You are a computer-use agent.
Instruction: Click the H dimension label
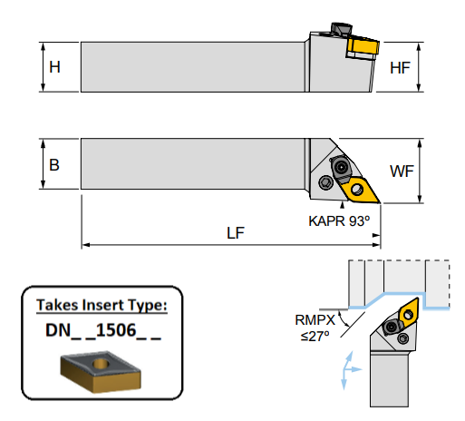tap(55, 67)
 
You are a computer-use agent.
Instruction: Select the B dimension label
tap(55, 164)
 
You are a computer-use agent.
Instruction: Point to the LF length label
tap(235, 232)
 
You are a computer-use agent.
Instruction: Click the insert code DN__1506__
tap(102, 331)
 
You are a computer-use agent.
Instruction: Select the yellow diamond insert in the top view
tap(358, 188)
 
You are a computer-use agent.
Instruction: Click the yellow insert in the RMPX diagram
tap(407, 313)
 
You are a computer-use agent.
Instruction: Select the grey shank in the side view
tap(190, 67)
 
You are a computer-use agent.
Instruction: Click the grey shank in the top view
tap(190, 163)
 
